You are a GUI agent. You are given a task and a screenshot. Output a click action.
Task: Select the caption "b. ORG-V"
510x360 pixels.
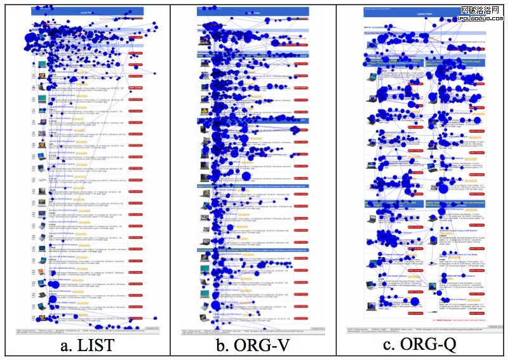pos(253,346)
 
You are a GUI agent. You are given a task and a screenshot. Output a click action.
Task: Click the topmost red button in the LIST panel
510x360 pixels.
pos(136,37)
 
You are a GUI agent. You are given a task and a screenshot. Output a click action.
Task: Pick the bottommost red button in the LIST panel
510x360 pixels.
pos(136,316)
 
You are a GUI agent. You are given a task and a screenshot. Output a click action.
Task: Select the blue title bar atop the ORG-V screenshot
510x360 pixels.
pos(253,11)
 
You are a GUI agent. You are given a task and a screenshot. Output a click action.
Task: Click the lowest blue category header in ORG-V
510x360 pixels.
pos(253,251)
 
